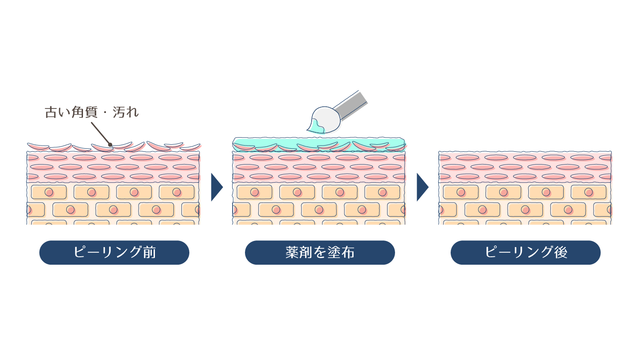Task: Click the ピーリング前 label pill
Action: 114,252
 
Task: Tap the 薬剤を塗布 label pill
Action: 320,252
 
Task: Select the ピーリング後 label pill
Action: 525,252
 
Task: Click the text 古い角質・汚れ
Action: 92,112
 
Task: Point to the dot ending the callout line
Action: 110,144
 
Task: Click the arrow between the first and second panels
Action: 216,187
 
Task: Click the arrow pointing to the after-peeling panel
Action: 422,187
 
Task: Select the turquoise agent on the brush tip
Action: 316,127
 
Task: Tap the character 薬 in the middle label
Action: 293,252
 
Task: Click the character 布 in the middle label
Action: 347,252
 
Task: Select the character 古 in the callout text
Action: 51,112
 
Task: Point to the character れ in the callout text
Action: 132,112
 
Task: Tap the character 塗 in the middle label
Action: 334,252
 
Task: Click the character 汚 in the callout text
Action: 119,112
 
